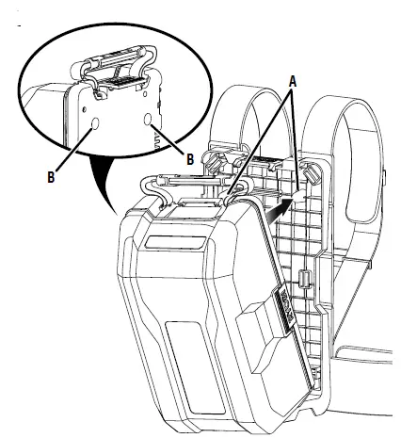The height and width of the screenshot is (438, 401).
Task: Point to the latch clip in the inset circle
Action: pyautogui.click(x=114, y=74)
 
